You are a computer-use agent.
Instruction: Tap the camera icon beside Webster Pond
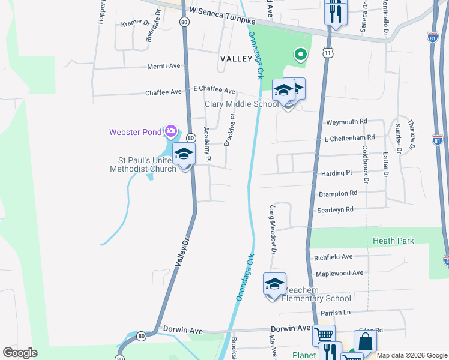point(171,131)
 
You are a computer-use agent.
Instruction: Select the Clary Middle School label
point(241,104)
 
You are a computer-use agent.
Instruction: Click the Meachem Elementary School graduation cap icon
point(274,284)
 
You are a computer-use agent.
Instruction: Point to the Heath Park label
point(393,241)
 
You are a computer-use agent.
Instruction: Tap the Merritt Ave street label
point(164,67)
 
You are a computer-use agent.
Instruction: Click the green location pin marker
point(300,55)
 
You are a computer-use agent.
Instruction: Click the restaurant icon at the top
point(336,12)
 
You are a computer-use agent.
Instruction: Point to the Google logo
point(20,353)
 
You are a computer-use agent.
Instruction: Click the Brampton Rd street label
point(338,193)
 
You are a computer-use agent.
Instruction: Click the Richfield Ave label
point(333,257)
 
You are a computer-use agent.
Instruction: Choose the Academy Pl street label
point(207,145)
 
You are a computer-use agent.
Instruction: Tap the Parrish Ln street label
point(335,313)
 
